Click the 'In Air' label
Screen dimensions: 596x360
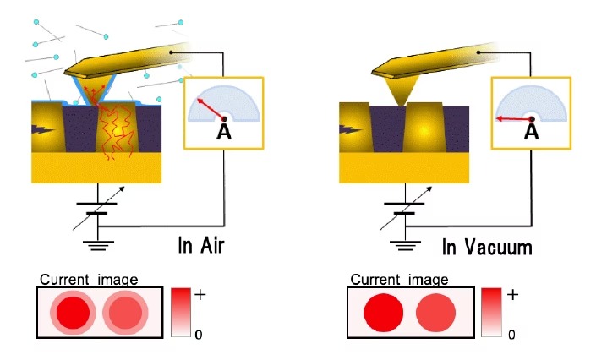click(201, 245)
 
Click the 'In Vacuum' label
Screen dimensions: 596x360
click(487, 247)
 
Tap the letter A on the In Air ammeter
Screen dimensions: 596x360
click(224, 131)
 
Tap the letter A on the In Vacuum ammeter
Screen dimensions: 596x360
click(531, 131)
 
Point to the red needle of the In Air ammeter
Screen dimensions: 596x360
click(211, 109)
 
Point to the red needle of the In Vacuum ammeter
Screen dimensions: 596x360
click(514, 119)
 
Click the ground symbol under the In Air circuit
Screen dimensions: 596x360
click(98, 245)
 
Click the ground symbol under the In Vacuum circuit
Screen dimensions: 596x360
click(405, 245)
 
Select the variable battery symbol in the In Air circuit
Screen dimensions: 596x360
click(98, 209)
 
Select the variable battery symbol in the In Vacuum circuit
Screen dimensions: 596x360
click(405, 209)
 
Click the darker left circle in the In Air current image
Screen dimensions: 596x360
click(73, 313)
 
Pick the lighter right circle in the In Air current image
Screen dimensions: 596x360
click(125, 313)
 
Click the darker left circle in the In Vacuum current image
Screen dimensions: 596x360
click(383, 313)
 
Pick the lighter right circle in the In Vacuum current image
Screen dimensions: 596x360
click(435, 313)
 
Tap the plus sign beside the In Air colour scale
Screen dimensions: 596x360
click(200, 294)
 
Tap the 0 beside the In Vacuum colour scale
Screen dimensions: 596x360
click(511, 335)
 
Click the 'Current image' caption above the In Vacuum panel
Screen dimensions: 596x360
click(399, 280)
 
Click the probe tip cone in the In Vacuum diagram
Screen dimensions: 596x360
click(401, 90)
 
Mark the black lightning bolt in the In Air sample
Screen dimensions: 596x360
click(44, 130)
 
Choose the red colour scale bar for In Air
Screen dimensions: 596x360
click(181, 312)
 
